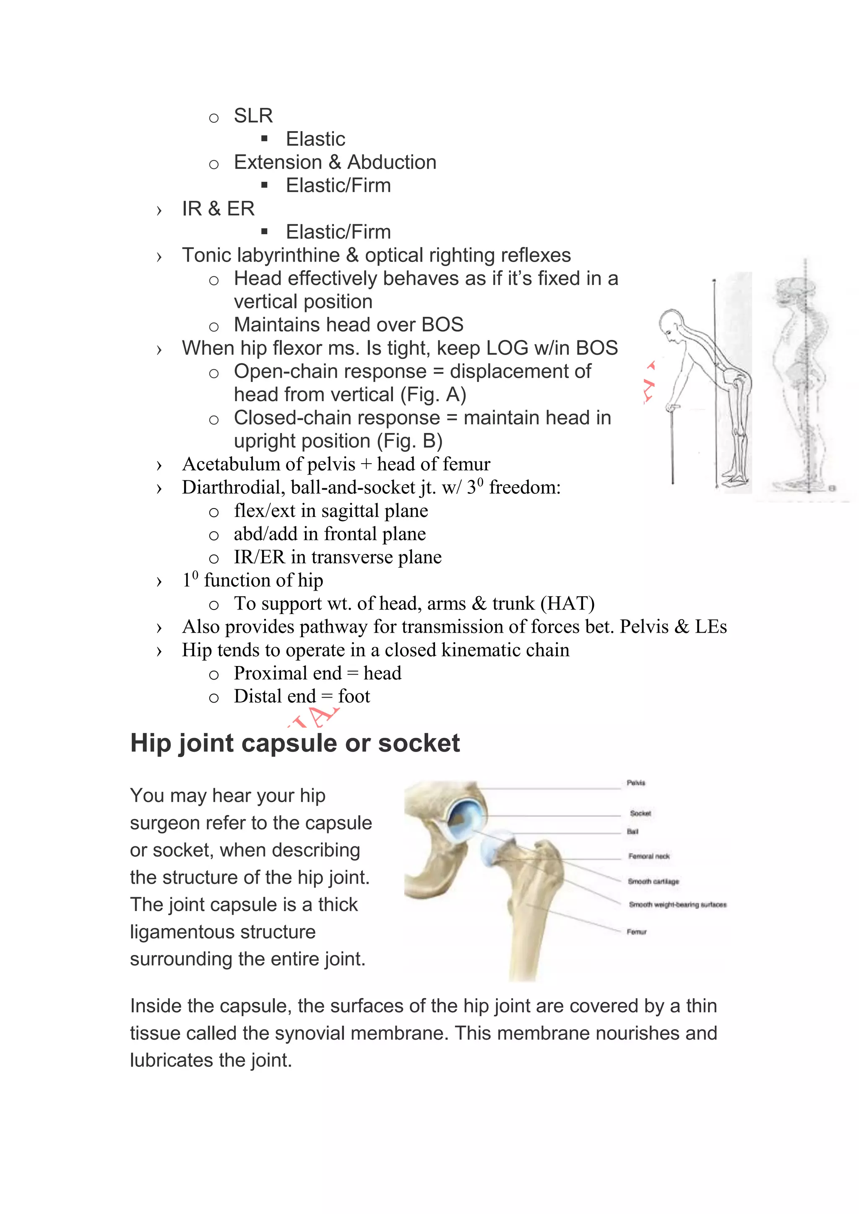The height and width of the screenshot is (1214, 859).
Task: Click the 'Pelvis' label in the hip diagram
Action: coord(636,783)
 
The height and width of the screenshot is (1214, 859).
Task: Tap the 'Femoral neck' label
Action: coord(648,856)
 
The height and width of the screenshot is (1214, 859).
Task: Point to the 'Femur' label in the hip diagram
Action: coord(636,931)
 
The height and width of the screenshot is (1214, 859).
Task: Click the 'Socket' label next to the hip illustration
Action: coord(640,813)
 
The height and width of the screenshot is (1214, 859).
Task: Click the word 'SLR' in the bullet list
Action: coord(253,116)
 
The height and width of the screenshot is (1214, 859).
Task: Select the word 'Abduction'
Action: coord(391,162)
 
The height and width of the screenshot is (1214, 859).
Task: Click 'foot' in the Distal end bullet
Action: coord(354,696)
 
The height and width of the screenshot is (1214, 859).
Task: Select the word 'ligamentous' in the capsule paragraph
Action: coord(223,931)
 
